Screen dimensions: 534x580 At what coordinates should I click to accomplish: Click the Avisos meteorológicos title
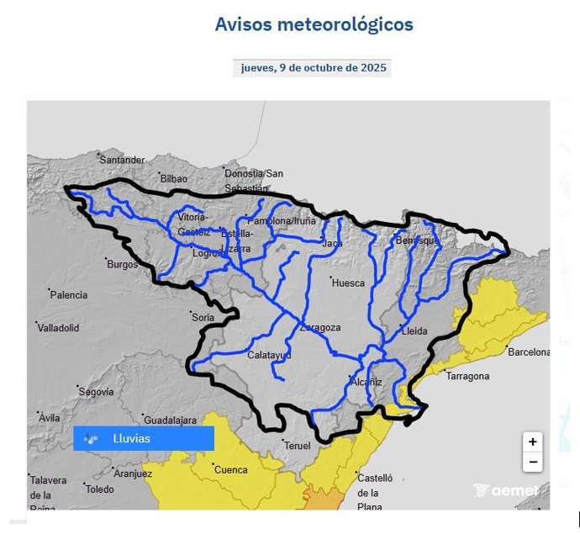click(x=314, y=24)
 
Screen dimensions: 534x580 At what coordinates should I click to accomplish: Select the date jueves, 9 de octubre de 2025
click(x=314, y=68)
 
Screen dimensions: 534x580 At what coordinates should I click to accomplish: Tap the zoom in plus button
click(x=532, y=441)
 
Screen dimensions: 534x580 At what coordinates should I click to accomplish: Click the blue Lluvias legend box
click(x=144, y=438)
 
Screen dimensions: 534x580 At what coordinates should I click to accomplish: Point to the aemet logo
click(x=505, y=491)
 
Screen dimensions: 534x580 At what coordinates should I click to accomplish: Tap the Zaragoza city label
click(x=320, y=327)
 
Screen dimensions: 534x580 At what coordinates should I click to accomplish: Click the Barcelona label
click(x=528, y=352)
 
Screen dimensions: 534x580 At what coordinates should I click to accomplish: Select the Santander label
click(x=122, y=160)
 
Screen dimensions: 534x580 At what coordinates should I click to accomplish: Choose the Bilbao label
click(x=174, y=178)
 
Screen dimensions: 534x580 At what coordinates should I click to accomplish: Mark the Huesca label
click(x=348, y=283)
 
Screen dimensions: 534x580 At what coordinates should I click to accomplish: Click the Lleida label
click(x=414, y=331)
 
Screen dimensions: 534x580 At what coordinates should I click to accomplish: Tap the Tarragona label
click(x=467, y=376)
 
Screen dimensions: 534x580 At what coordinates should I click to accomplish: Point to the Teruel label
click(x=298, y=445)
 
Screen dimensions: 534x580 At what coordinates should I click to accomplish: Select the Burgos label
click(x=122, y=264)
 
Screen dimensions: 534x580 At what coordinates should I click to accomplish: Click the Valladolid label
click(x=58, y=327)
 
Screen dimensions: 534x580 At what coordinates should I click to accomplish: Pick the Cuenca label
click(x=231, y=469)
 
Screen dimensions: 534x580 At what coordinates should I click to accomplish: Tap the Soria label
click(x=203, y=317)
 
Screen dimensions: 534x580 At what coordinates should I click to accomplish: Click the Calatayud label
click(x=269, y=355)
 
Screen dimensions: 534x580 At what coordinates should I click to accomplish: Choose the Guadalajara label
click(x=170, y=420)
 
